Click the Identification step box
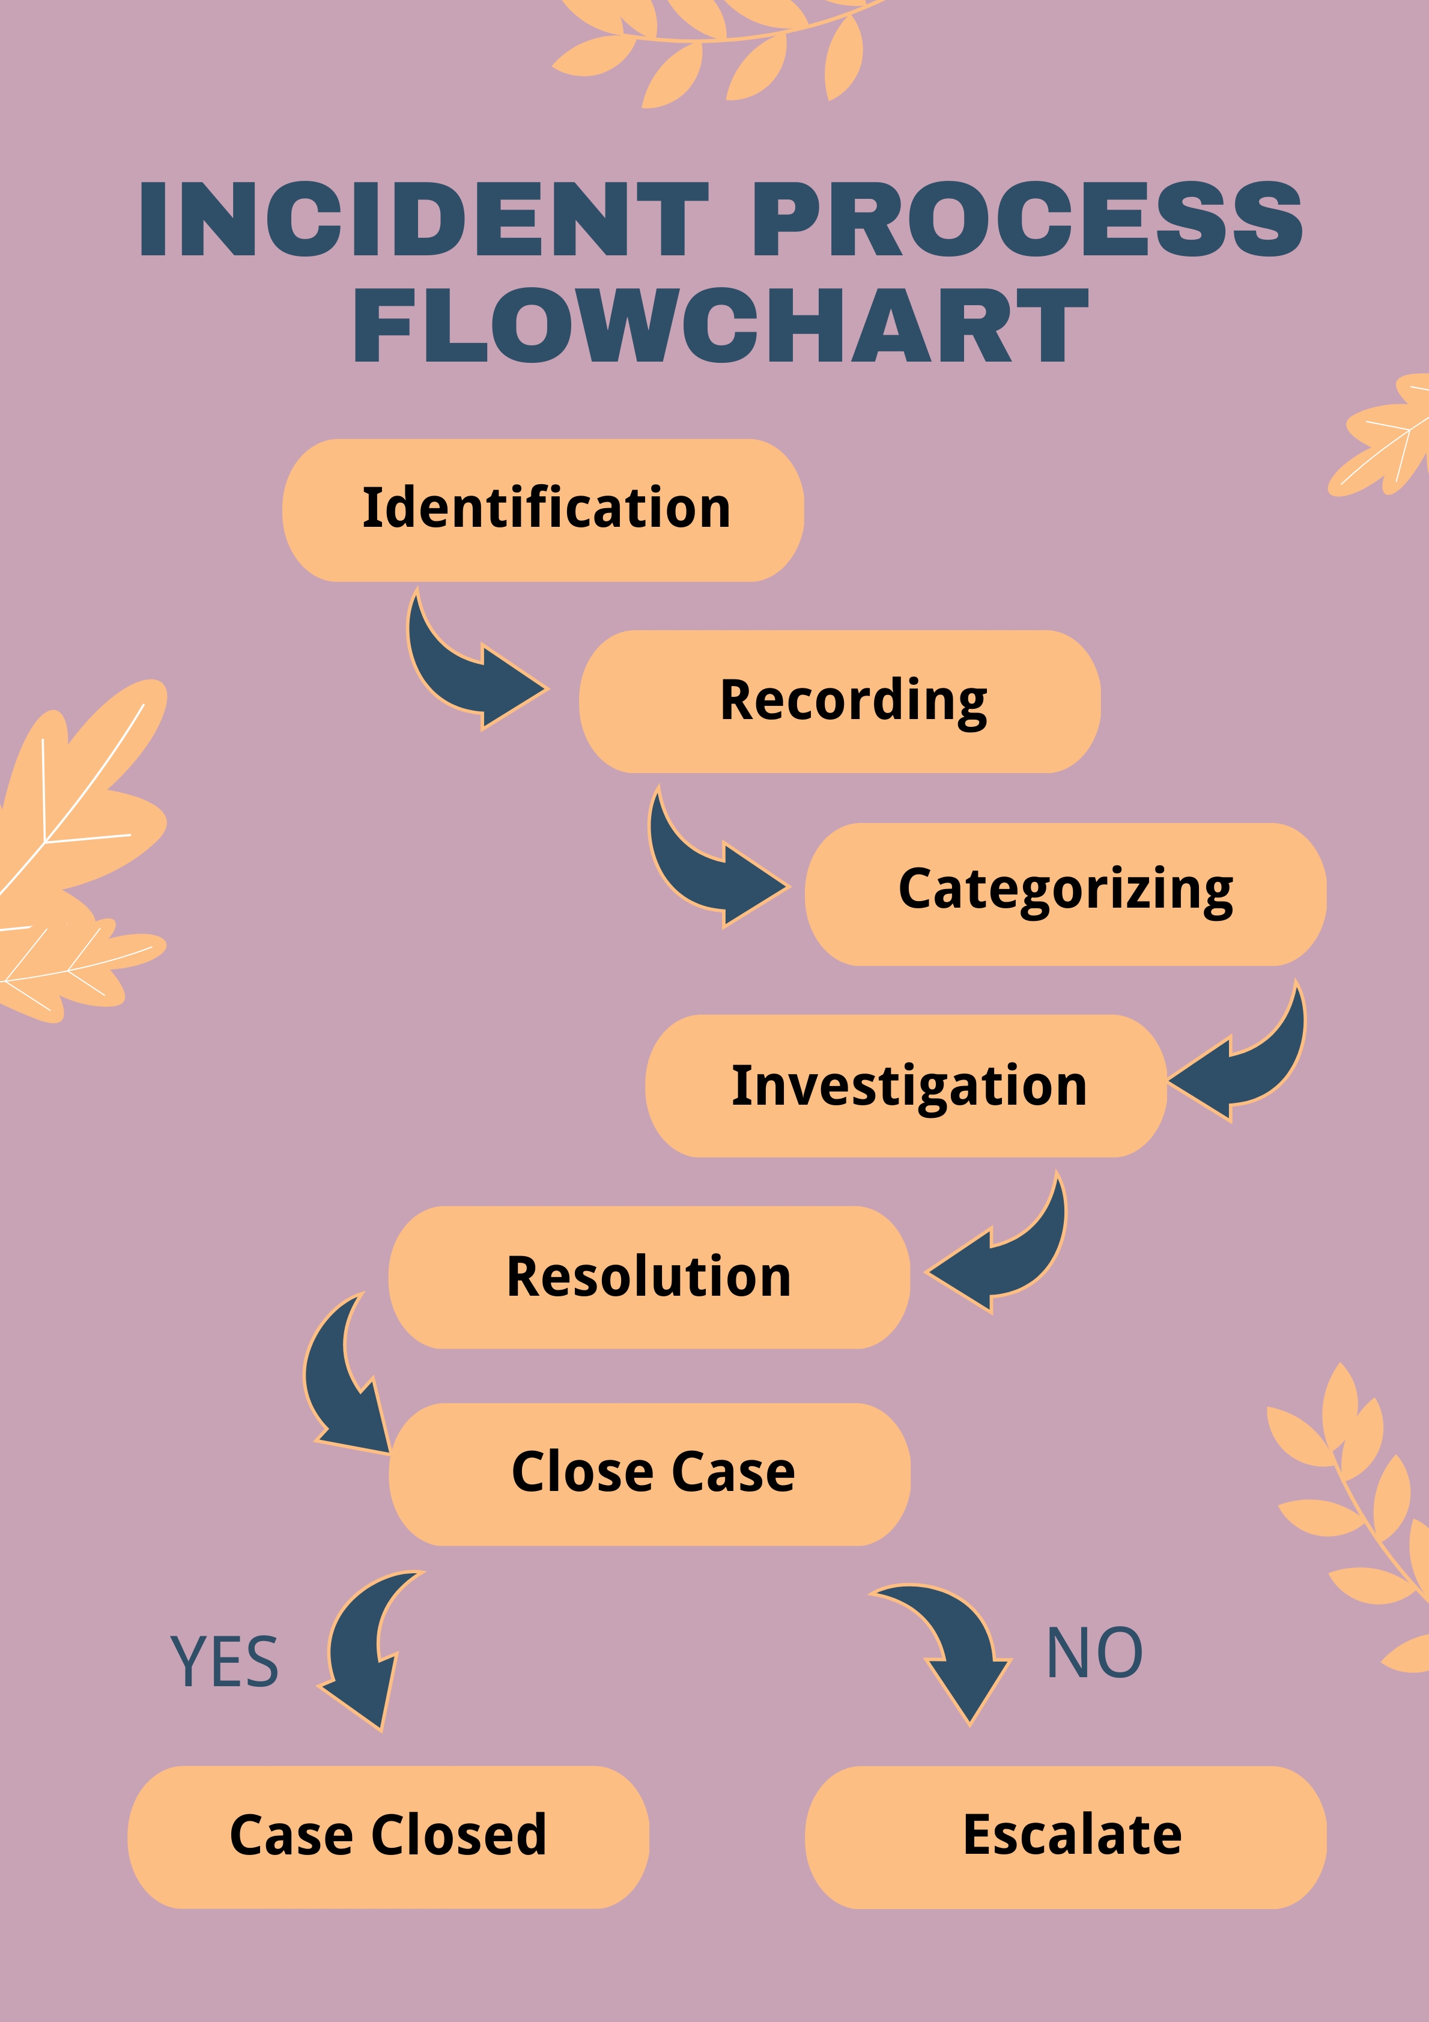[543, 510]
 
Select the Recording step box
[839, 701]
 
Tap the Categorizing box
[1066, 894]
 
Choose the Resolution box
[649, 1277]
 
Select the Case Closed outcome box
[388, 1836]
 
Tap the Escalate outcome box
[1066, 1836]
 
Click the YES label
[225, 1662]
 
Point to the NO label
[1094, 1653]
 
